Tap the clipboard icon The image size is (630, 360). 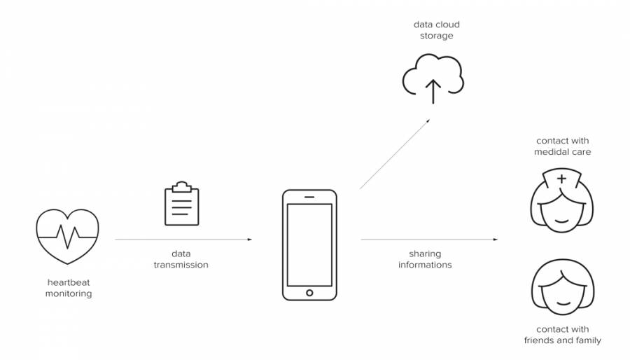pyautogui.click(x=181, y=204)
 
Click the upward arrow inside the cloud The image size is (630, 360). pyautogui.click(x=433, y=90)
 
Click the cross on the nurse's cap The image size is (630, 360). pyautogui.click(x=561, y=179)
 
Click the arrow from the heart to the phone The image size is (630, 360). pyautogui.click(x=183, y=240)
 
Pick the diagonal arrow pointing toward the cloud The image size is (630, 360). pyautogui.click(x=395, y=154)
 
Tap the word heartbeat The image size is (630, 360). pyautogui.click(x=69, y=282)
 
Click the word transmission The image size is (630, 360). pyautogui.click(x=181, y=265)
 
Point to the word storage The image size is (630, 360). pyautogui.click(x=436, y=36)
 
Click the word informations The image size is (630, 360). pyautogui.click(x=425, y=265)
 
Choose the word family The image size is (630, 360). pyautogui.click(x=587, y=341)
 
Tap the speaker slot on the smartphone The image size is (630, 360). pyautogui.click(x=309, y=196)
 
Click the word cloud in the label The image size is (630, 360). pyautogui.click(x=447, y=24)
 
